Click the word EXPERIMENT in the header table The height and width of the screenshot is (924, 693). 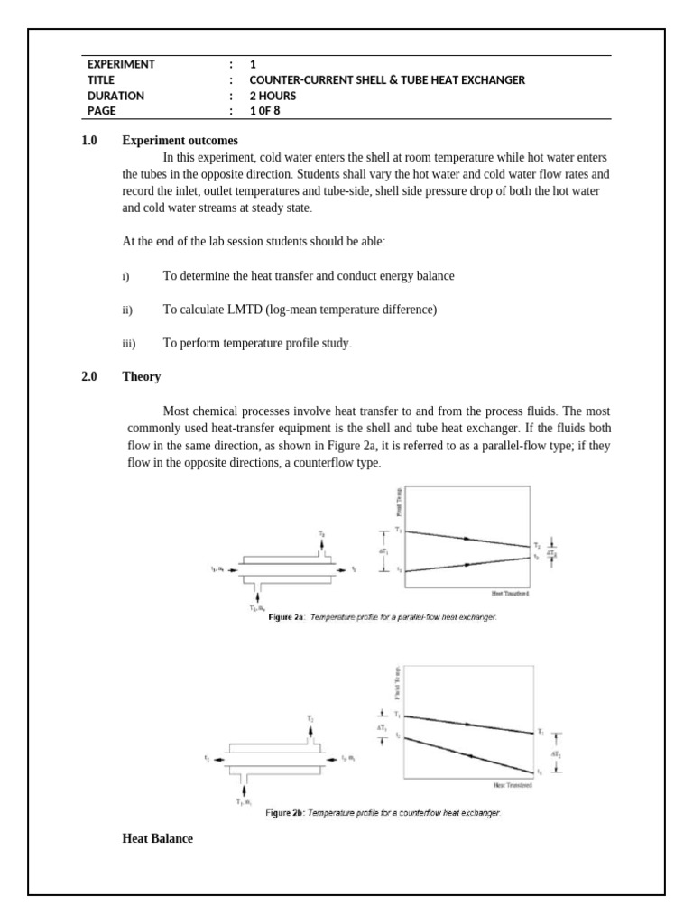coord(121,64)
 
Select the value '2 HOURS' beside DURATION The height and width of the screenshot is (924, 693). coord(273,96)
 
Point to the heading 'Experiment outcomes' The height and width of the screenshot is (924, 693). coord(180,141)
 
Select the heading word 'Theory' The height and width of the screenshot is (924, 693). coord(142,377)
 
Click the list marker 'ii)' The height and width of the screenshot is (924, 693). coord(127,310)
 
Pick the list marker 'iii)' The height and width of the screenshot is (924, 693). coord(128,344)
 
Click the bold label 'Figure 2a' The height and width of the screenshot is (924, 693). coord(288,617)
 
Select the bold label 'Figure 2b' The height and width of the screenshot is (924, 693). coord(284,813)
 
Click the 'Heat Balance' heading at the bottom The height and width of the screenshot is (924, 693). coord(157,839)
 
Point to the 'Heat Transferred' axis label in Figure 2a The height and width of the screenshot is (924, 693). coord(510,594)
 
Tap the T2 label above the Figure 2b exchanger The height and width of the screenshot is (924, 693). coord(310,718)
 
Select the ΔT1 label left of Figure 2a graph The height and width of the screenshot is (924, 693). coord(383,550)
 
